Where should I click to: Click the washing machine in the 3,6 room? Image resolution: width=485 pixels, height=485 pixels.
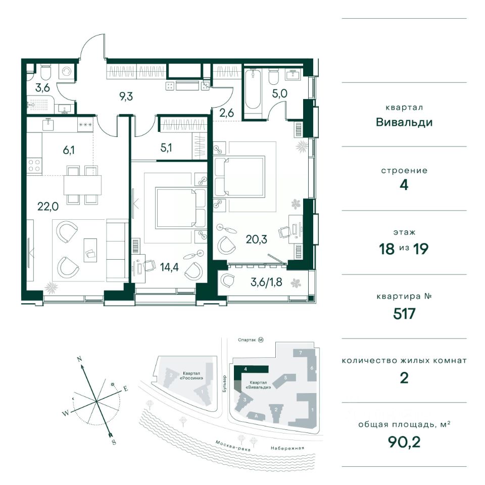tap(66, 72)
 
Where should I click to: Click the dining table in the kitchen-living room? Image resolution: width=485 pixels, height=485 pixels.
tap(82, 184)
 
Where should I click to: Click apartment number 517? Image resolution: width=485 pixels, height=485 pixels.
tap(404, 314)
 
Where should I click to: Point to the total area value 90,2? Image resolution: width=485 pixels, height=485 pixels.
tap(404, 443)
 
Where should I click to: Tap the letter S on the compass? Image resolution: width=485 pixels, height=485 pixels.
tap(114, 442)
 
